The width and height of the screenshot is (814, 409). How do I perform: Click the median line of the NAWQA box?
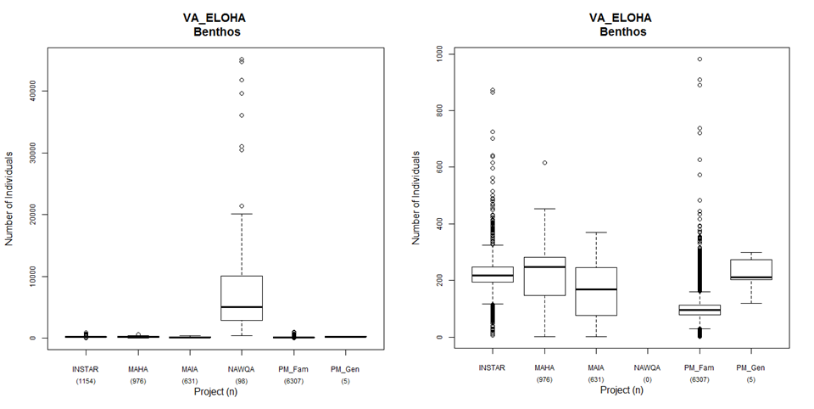tap(243, 307)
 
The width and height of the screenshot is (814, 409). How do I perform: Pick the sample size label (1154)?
tap(86, 381)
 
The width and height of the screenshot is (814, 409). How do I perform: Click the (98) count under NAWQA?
tap(243, 381)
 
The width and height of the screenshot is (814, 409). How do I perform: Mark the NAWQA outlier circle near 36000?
tap(243, 115)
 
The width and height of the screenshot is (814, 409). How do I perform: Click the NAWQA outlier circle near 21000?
tap(243, 206)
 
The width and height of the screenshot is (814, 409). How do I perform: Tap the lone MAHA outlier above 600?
tap(544, 163)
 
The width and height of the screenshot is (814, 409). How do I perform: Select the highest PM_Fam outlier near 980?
tap(700, 59)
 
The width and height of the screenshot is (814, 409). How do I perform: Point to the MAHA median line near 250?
tap(544, 266)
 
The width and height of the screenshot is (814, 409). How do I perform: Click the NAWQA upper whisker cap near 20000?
tap(243, 214)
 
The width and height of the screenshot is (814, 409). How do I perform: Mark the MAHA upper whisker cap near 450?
tap(544, 209)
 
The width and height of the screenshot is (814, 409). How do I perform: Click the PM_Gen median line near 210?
tap(751, 277)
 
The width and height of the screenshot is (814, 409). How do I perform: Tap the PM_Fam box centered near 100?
tap(700, 310)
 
